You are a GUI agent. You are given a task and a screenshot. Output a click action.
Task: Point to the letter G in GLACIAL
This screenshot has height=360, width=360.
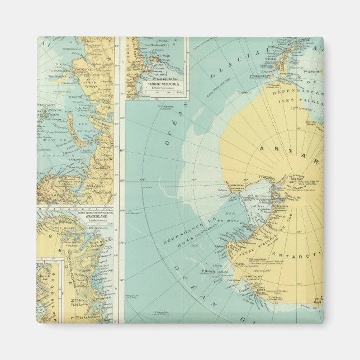[217, 85]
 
